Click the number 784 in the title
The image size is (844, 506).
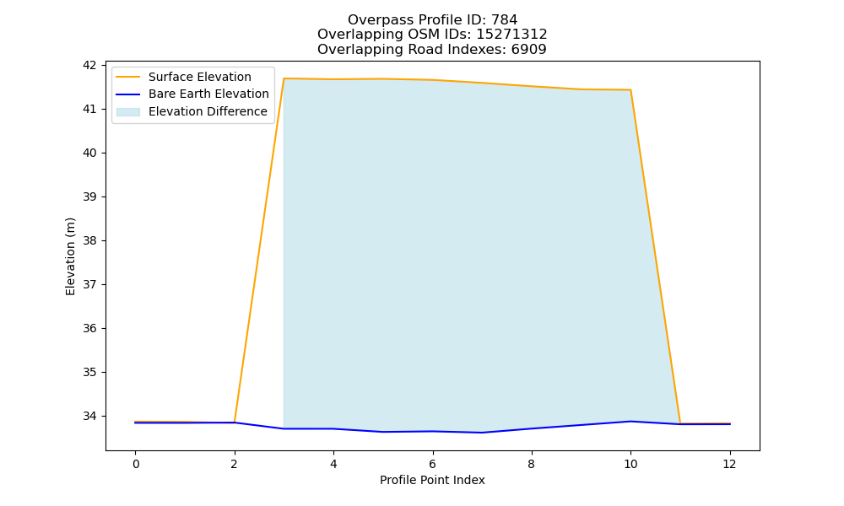tap(504, 20)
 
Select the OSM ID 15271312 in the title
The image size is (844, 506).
tap(511, 35)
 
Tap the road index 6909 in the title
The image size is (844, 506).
tap(528, 50)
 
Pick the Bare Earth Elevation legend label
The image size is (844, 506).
tap(208, 94)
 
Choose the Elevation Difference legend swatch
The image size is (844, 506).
tap(128, 112)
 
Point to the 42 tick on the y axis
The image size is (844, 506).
tap(89, 65)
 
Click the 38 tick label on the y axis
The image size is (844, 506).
tap(89, 240)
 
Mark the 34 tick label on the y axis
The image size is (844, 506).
tap(89, 416)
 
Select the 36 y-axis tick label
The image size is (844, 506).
tap(89, 328)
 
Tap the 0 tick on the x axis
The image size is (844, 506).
tap(136, 464)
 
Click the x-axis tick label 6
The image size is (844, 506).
tap(432, 464)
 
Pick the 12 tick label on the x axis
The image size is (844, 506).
tap(729, 464)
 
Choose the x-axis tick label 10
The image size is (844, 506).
tap(630, 464)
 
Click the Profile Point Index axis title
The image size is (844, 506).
tap(432, 480)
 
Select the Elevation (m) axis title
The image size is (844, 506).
tap(71, 256)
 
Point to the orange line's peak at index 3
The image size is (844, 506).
tap(284, 78)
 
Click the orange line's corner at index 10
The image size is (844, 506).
tap(630, 89)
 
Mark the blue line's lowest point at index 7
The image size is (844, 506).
tap(482, 433)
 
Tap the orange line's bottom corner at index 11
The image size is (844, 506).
tap(679, 423)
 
